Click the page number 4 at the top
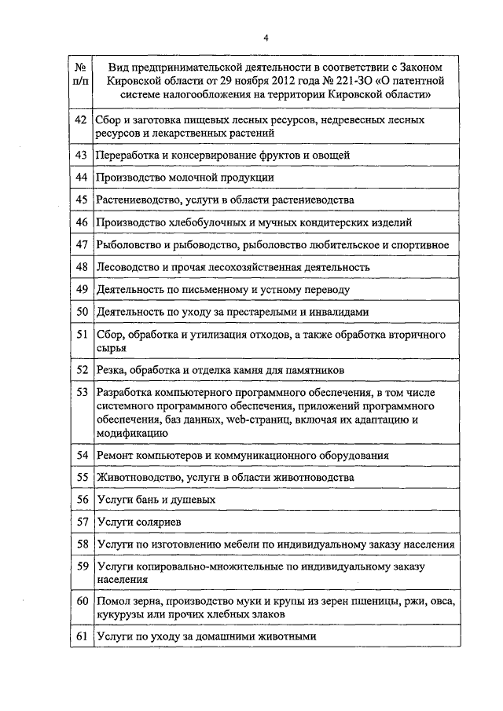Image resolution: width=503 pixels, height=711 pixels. pos(266,37)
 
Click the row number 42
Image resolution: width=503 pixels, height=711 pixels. pos(80,120)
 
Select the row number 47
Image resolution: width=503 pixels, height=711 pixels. pos(80,245)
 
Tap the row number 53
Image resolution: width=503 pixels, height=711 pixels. pos(80,391)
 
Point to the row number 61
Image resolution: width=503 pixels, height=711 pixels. pos(80,636)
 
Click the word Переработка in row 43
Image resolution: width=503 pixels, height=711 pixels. pos(127,155)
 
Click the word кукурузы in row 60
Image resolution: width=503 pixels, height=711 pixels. pos(116,614)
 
